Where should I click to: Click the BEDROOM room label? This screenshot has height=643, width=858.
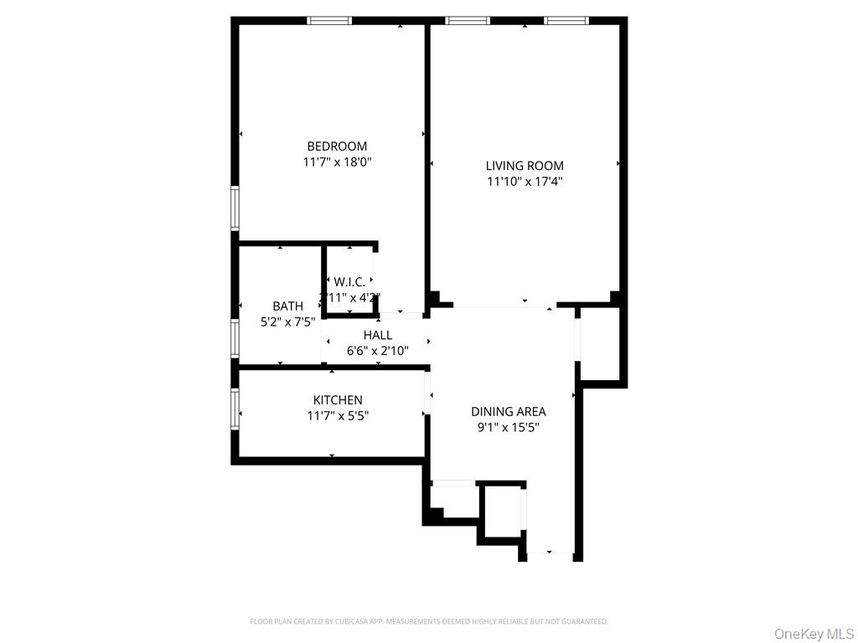(337, 147)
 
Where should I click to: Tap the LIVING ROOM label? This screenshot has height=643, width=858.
(525, 166)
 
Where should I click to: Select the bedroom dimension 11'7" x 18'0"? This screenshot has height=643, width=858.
(337, 162)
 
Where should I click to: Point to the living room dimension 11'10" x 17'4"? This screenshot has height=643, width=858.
(525, 181)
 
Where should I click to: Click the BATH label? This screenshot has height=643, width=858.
(287, 306)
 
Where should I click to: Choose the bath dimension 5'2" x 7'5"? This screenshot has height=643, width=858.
(287, 321)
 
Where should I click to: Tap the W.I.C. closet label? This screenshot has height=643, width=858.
(349, 282)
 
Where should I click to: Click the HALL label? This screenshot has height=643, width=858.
(378, 336)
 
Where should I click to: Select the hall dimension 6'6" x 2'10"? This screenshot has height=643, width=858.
(378, 351)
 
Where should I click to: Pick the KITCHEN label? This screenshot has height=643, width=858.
(338, 400)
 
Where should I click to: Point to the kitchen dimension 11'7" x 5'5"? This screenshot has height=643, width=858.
(338, 415)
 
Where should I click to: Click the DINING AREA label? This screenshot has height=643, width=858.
(508, 411)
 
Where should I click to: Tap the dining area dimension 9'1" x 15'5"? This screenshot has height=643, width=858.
(508, 427)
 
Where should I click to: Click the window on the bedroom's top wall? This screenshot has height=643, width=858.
(329, 20)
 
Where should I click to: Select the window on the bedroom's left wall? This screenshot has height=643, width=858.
(235, 208)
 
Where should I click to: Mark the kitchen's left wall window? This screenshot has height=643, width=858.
(235, 409)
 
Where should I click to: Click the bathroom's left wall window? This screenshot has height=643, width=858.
(235, 339)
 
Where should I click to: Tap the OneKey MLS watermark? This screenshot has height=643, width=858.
(812, 633)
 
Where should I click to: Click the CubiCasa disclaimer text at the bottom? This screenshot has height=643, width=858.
(429, 621)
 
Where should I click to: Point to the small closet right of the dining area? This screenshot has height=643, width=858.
(600, 343)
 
